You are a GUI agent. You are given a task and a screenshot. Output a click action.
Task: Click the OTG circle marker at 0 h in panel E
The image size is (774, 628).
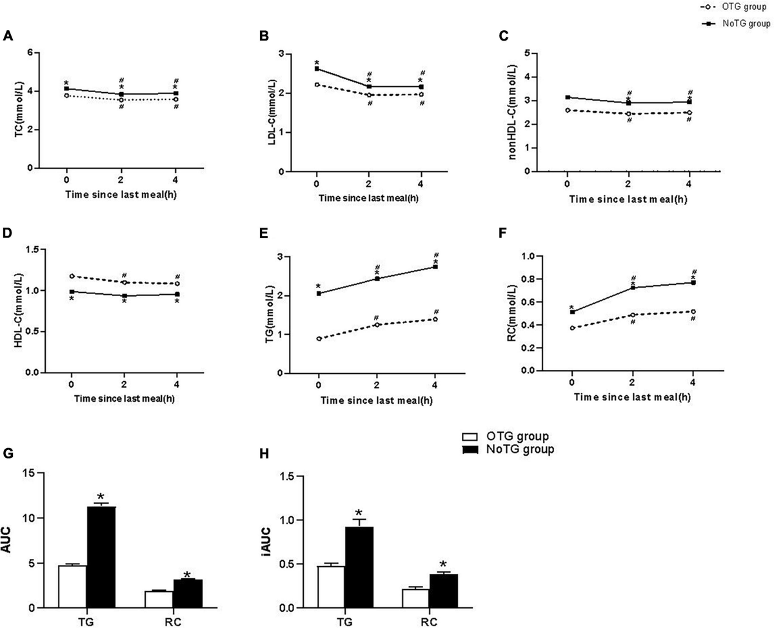point(319,339)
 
